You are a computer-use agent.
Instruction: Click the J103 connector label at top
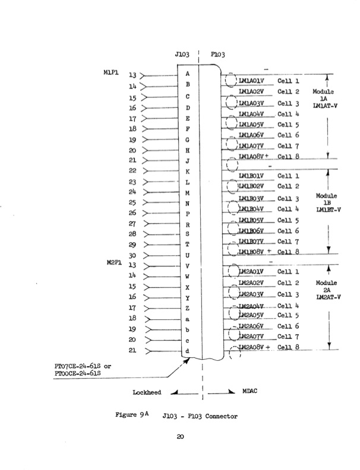click(182, 54)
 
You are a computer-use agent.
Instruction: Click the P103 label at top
click(217, 54)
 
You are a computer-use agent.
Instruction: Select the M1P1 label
click(113, 73)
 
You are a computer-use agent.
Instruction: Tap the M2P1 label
click(113, 265)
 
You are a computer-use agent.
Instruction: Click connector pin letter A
click(188, 74)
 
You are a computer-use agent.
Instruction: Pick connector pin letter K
click(188, 172)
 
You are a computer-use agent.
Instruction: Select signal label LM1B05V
click(252, 220)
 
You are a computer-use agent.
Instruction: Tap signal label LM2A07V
click(252, 336)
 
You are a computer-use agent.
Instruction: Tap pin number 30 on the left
click(132, 256)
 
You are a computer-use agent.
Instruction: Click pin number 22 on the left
click(132, 171)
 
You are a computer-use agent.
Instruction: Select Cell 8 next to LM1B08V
click(288, 252)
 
